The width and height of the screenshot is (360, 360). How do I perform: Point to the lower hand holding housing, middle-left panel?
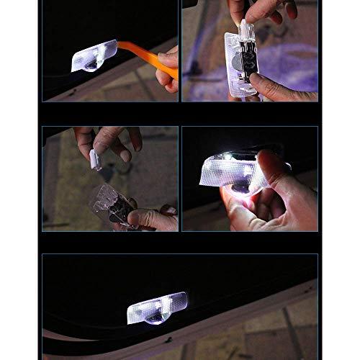155,218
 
